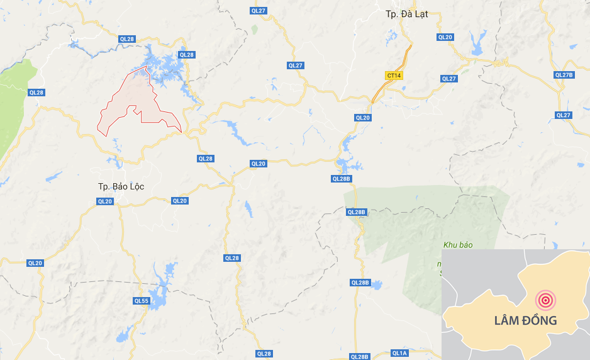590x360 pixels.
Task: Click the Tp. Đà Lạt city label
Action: [x=407, y=14]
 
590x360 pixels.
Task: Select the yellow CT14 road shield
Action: [x=394, y=76]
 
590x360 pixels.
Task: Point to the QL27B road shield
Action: [x=564, y=75]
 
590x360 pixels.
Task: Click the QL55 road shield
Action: [x=142, y=301]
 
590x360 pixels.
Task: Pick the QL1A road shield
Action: [x=399, y=353]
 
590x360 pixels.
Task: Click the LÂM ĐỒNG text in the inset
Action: [x=516, y=320]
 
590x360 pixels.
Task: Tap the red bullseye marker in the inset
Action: [x=545, y=300]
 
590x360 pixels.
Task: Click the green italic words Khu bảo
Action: [x=457, y=245]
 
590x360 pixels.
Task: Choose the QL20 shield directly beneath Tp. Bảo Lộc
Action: [x=105, y=201]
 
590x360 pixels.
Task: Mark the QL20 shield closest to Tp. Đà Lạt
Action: [x=445, y=38]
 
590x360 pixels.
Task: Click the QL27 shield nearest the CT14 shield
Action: [x=448, y=79]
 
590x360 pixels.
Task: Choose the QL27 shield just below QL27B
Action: [x=563, y=115]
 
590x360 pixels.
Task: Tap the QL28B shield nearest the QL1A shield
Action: [x=360, y=357]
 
